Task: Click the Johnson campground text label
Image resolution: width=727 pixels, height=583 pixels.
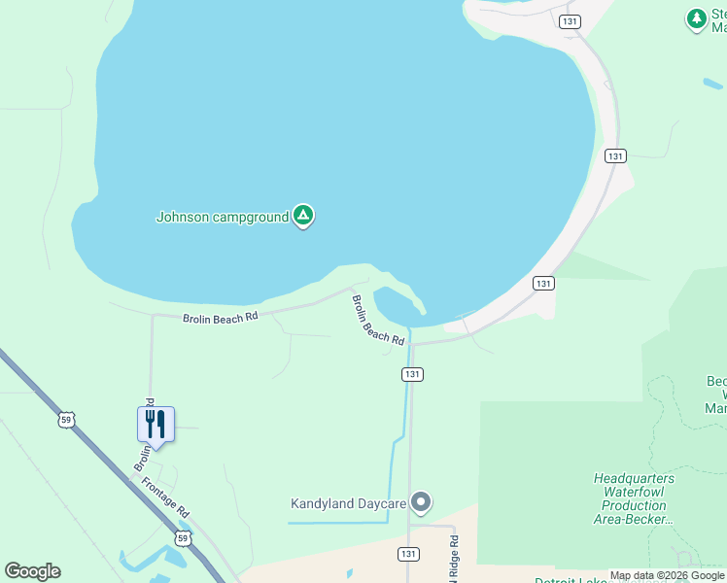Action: click(x=223, y=217)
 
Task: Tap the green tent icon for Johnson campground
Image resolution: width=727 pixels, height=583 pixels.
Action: click(x=303, y=216)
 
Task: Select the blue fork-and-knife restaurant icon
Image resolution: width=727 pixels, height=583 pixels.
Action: click(x=156, y=425)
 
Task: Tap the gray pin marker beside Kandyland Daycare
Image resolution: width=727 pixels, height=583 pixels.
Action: click(x=420, y=502)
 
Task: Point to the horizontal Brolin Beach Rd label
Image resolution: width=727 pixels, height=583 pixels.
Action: click(x=220, y=317)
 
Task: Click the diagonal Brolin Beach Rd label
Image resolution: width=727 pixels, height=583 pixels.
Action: click(x=377, y=320)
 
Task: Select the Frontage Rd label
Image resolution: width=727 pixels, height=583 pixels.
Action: click(x=166, y=497)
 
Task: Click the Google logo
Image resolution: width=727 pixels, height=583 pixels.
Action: click(x=32, y=571)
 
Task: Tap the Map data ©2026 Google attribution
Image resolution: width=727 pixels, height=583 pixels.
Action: click(x=667, y=575)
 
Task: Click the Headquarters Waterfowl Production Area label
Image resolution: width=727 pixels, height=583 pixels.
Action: click(x=634, y=497)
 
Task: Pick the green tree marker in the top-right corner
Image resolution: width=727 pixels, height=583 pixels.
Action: click(x=696, y=18)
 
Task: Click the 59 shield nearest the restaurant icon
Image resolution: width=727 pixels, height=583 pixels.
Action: click(x=65, y=420)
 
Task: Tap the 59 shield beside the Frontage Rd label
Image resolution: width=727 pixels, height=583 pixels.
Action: click(x=184, y=537)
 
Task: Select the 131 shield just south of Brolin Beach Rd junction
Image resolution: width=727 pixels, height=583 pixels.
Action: click(x=412, y=374)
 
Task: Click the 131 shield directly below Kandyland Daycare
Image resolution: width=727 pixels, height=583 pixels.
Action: click(x=409, y=553)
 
